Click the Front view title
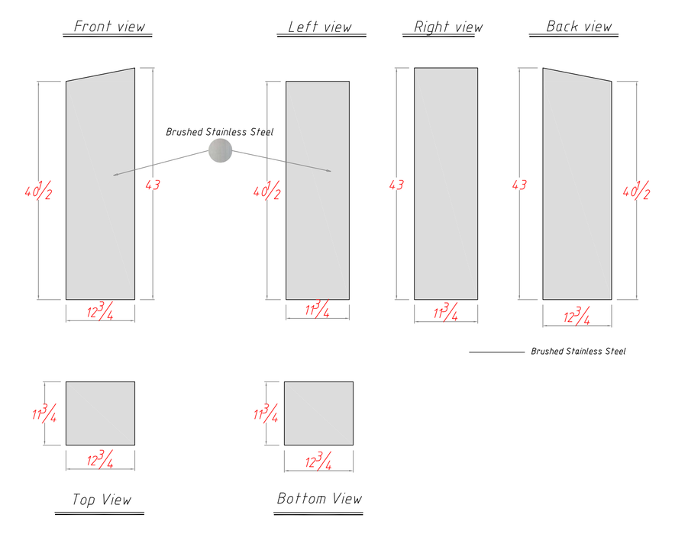109,26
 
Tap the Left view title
319,27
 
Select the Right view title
448,27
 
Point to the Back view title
579,26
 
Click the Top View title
102,500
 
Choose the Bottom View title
319,498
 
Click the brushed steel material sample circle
220,150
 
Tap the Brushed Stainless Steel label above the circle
219,132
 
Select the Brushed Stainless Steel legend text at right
578,351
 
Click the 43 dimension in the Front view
153,185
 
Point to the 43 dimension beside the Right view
396,185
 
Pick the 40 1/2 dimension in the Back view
636,190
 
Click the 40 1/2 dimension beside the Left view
266,190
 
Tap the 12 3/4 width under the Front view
100,310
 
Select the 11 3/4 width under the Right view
446,311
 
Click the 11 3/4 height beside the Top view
44,413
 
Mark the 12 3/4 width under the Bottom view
318,461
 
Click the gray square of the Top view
101,413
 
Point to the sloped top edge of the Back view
577,75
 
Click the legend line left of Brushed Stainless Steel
496,352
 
